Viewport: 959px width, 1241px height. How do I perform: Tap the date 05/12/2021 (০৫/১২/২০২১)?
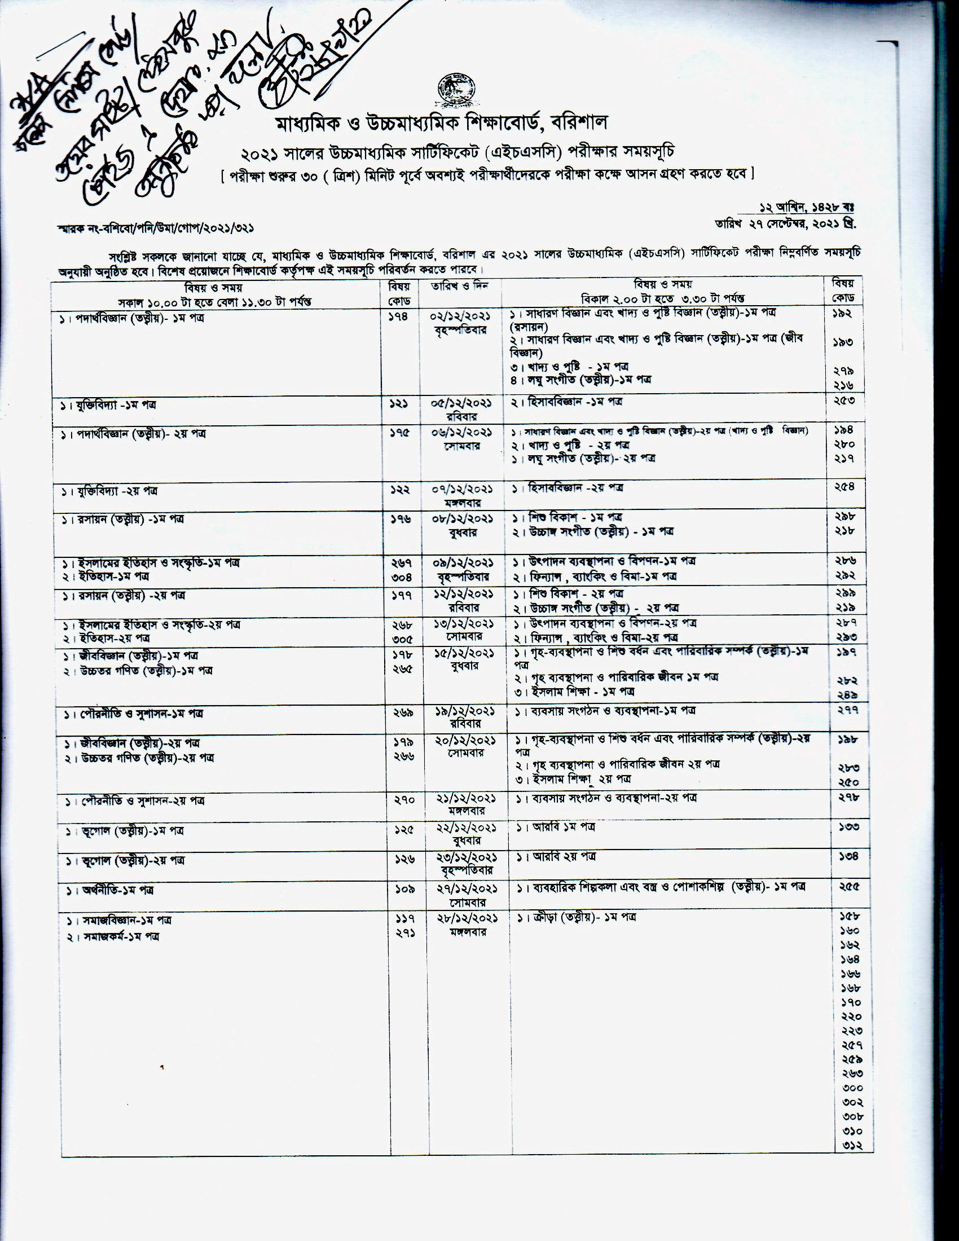pyautogui.click(x=461, y=403)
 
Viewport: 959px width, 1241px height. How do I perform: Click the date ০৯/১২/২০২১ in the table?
pyautogui.click(x=461, y=562)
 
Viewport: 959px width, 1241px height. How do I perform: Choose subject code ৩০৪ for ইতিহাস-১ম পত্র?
pyautogui.click(x=402, y=577)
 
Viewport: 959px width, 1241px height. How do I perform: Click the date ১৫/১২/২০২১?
pyautogui.click(x=462, y=652)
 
